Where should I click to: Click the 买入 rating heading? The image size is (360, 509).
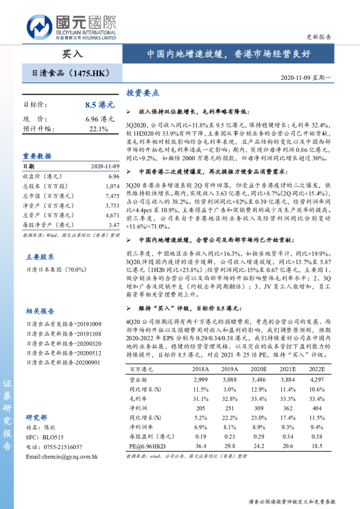[73, 54]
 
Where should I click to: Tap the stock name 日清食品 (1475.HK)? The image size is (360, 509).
[70, 73]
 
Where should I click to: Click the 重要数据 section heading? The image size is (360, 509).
[38, 155]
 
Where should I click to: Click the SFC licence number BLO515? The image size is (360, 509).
[53, 436]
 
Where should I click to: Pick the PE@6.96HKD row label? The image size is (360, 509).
[146, 446]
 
